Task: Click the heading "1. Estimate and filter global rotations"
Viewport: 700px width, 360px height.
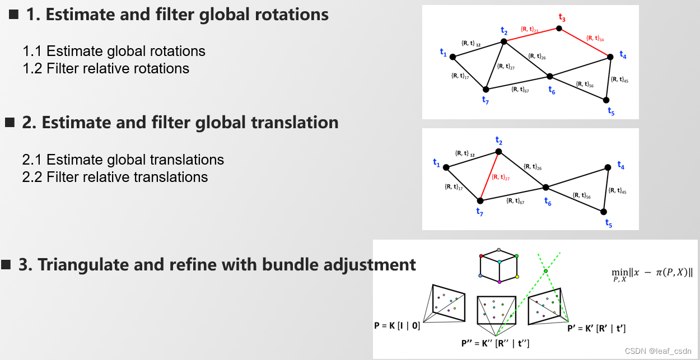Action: [177, 15]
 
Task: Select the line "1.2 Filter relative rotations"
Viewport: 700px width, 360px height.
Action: [106, 68]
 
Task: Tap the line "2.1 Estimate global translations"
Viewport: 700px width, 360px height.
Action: [123, 160]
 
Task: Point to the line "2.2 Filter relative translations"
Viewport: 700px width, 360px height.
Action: [115, 177]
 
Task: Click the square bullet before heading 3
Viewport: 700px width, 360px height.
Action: [6, 265]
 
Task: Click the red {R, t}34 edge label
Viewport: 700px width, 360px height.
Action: [595, 39]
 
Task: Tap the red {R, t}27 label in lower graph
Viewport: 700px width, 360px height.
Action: [500, 177]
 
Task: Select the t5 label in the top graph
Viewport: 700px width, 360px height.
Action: [611, 111]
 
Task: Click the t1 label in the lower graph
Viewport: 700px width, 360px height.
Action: [437, 162]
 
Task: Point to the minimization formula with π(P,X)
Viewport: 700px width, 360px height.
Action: [652, 273]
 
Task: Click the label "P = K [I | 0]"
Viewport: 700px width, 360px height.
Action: [396, 325]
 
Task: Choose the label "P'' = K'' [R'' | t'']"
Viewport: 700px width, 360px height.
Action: [495, 343]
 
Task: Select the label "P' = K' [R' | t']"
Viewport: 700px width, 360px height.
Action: [596, 328]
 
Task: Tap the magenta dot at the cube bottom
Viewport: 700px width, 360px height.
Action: [498, 281]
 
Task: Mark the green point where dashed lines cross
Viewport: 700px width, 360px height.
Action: [545, 272]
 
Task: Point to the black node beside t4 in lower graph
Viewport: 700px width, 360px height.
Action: [608, 167]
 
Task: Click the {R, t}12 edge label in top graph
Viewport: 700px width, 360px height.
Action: [471, 43]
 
